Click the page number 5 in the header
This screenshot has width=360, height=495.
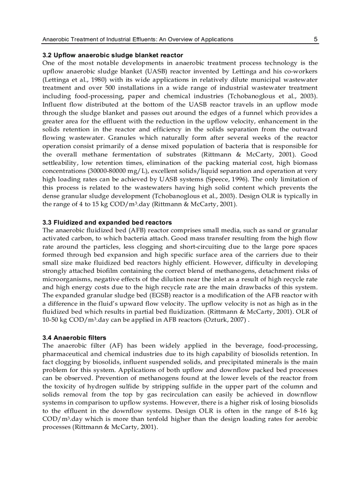[x=315, y=39]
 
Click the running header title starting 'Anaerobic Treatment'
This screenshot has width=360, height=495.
[x=138, y=39]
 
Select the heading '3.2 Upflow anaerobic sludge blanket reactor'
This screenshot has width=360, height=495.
[x=112, y=56]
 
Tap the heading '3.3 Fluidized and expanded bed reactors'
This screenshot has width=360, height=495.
[x=107, y=222]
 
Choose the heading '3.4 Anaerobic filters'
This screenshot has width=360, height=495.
[x=74, y=338]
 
